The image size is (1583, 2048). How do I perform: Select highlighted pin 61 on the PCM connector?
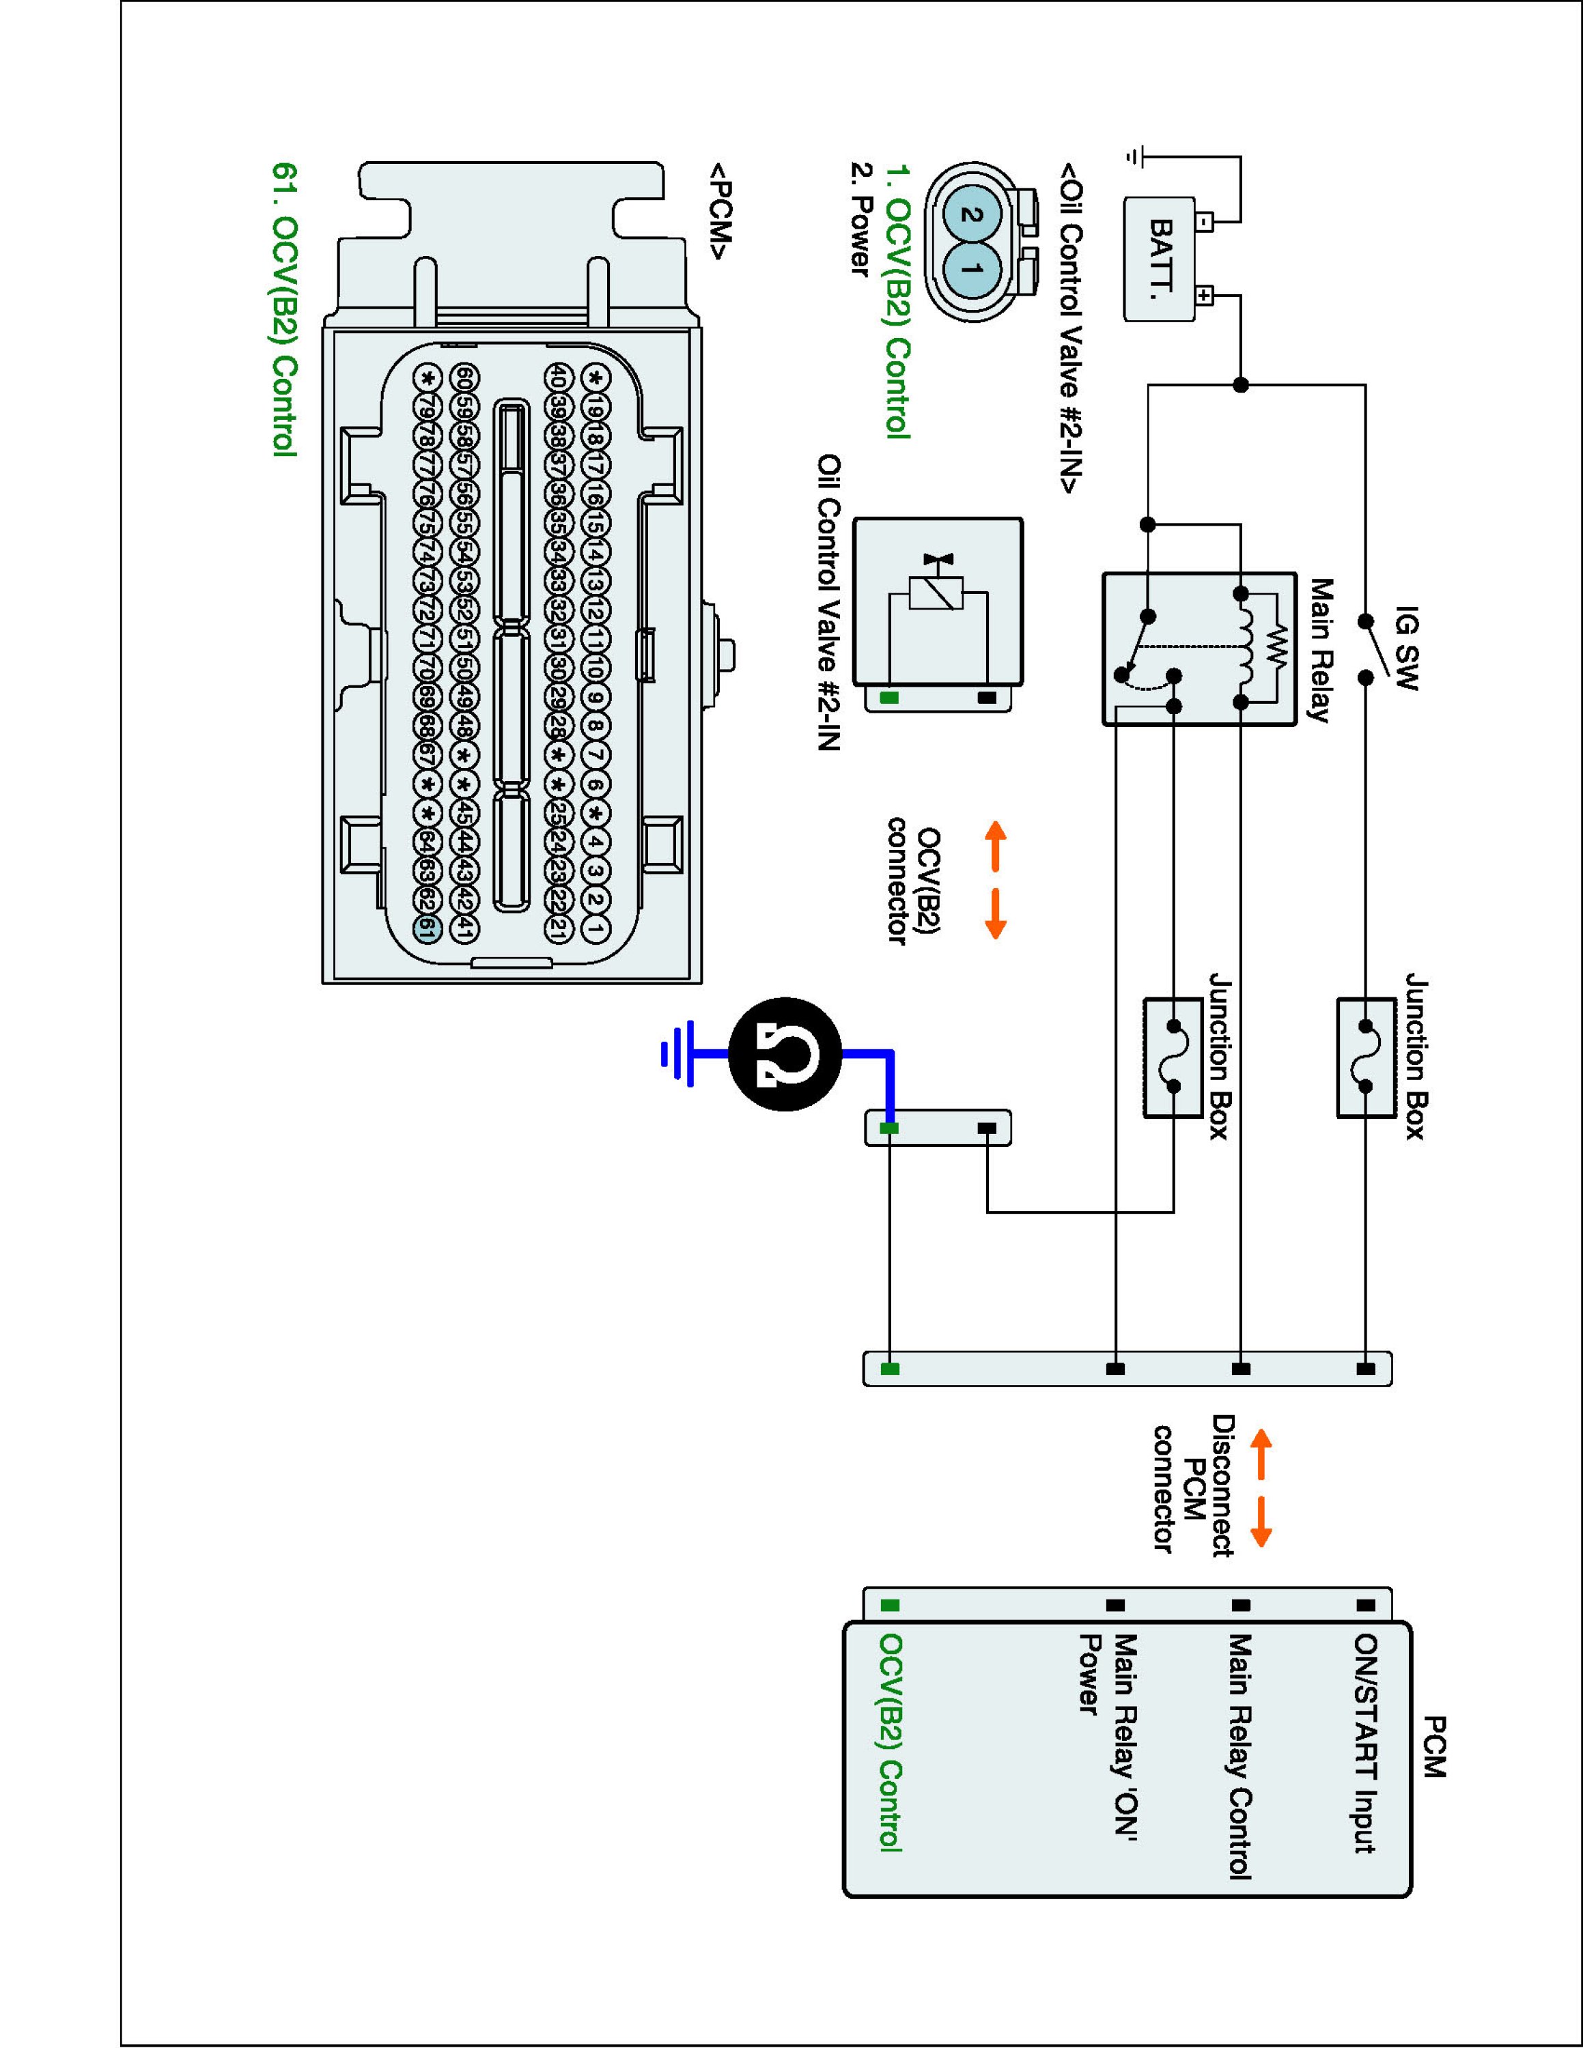click(x=427, y=929)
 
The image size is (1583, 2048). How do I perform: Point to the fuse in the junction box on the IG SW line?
click(x=1365, y=1057)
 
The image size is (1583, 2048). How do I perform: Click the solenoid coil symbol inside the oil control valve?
click(x=938, y=594)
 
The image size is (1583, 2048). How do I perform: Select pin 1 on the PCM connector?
click(x=595, y=928)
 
